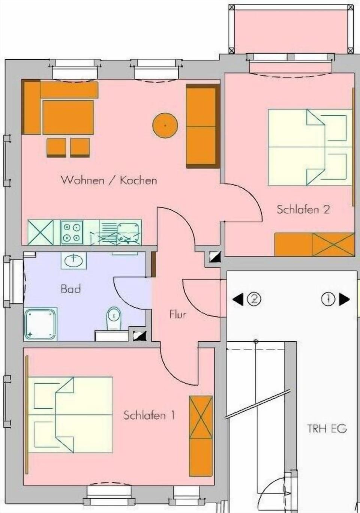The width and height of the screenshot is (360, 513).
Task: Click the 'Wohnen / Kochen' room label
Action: click(x=109, y=180)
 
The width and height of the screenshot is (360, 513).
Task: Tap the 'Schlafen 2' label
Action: click(x=303, y=209)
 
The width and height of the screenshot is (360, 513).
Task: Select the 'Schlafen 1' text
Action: click(x=149, y=415)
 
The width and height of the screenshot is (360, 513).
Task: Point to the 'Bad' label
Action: click(x=70, y=289)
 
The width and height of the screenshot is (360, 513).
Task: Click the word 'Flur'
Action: click(x=178, y=314)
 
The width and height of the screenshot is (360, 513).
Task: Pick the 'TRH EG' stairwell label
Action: click(x=327, y=428)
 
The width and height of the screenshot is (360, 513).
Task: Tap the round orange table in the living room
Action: click(x=165, y=125)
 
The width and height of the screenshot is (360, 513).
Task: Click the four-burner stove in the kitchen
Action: click(x=72, y=232)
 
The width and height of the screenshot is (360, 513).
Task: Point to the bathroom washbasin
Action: click(x=73, y=260)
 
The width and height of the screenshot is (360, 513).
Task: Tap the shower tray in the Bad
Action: click(x=40, y=324)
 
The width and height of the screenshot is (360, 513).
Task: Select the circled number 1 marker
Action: click(x=328, y=299)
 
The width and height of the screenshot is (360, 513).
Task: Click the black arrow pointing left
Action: click(x=238, y=299)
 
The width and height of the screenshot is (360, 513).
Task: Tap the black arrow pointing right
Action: click(x=344, y=299)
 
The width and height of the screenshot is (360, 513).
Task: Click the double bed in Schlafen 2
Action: click(x=310, y=147)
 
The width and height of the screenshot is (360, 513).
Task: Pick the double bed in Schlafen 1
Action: click(x=70, y=415)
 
